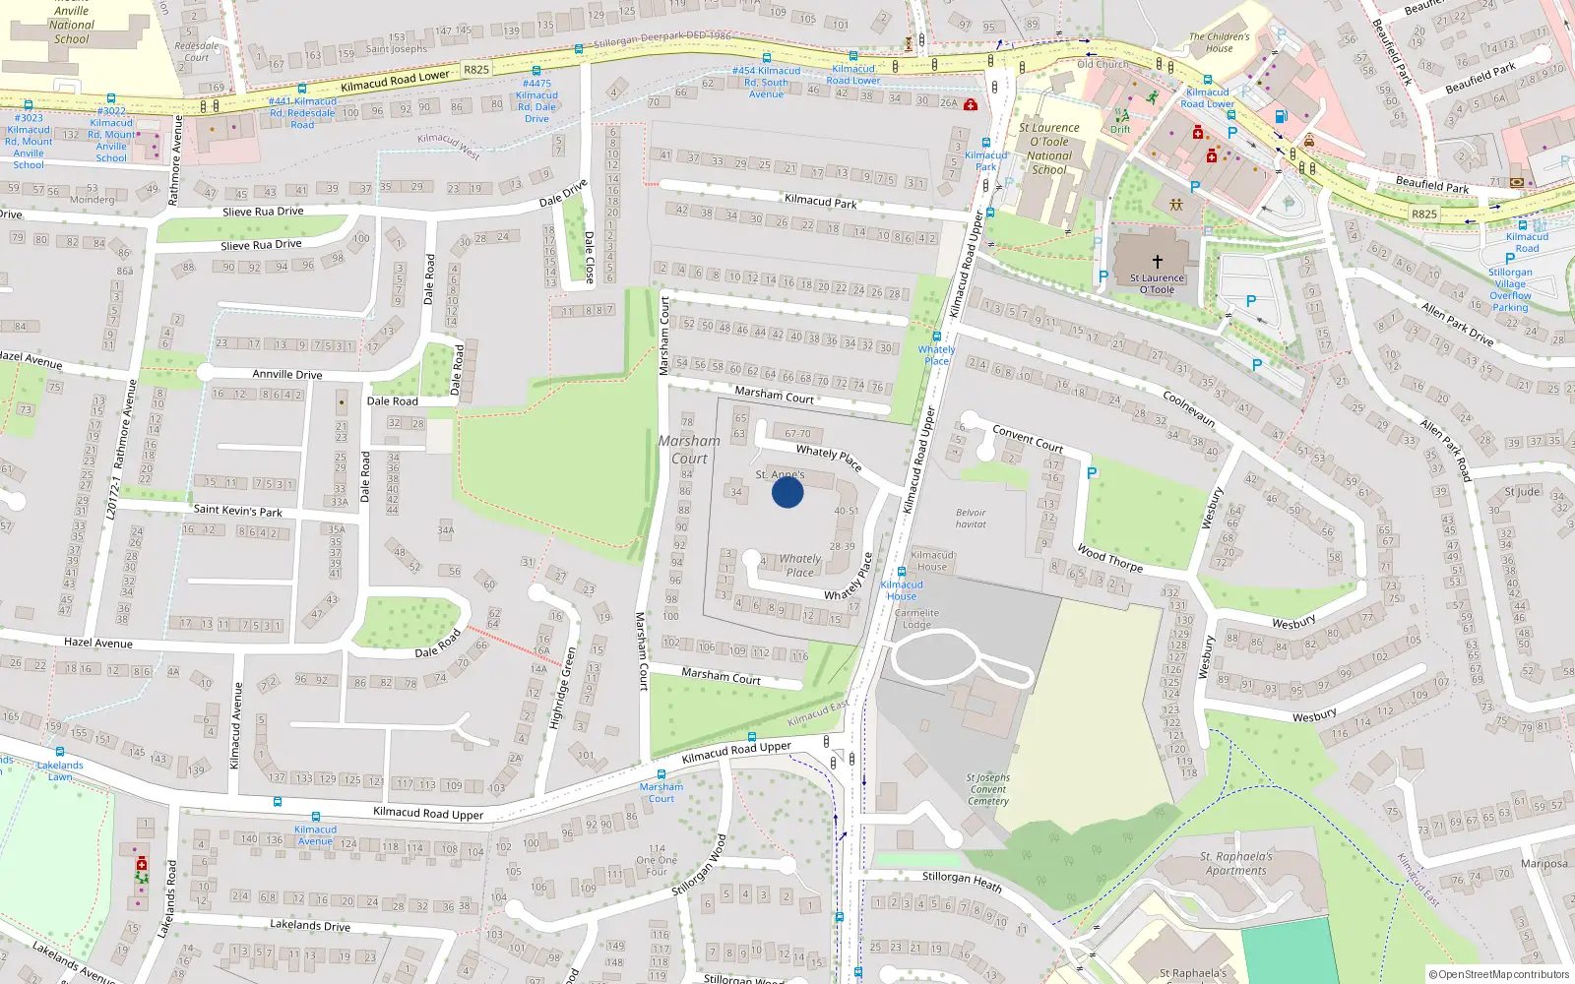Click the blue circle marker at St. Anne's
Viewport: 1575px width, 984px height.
[787, 491]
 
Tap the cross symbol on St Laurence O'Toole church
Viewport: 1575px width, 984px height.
[1157, 262]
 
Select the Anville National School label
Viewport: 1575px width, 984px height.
[72, 26]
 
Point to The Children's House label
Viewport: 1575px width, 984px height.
[1219, 42]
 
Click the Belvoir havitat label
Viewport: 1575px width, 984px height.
[971, 519]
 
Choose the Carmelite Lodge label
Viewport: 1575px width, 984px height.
[916, 618]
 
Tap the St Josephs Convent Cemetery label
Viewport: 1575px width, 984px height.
[988, 789]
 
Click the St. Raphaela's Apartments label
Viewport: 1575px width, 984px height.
[1236, 863]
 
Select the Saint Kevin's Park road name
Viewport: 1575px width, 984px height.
[237, 510]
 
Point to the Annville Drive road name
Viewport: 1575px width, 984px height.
[287, 374]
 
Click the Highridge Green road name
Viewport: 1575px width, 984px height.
[563, 687]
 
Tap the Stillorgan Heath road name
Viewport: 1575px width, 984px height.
[962, 880]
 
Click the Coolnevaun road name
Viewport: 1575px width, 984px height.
[1189, 408]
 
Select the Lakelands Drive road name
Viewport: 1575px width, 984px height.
[310, 925]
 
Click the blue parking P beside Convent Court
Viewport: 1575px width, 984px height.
[1091, 473]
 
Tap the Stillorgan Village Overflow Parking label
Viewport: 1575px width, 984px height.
[1510, 289]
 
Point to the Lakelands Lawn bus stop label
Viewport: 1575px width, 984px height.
[60, 770]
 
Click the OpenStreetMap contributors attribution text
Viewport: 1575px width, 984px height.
[1499, 974]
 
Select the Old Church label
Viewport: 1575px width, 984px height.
[1102, 64]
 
